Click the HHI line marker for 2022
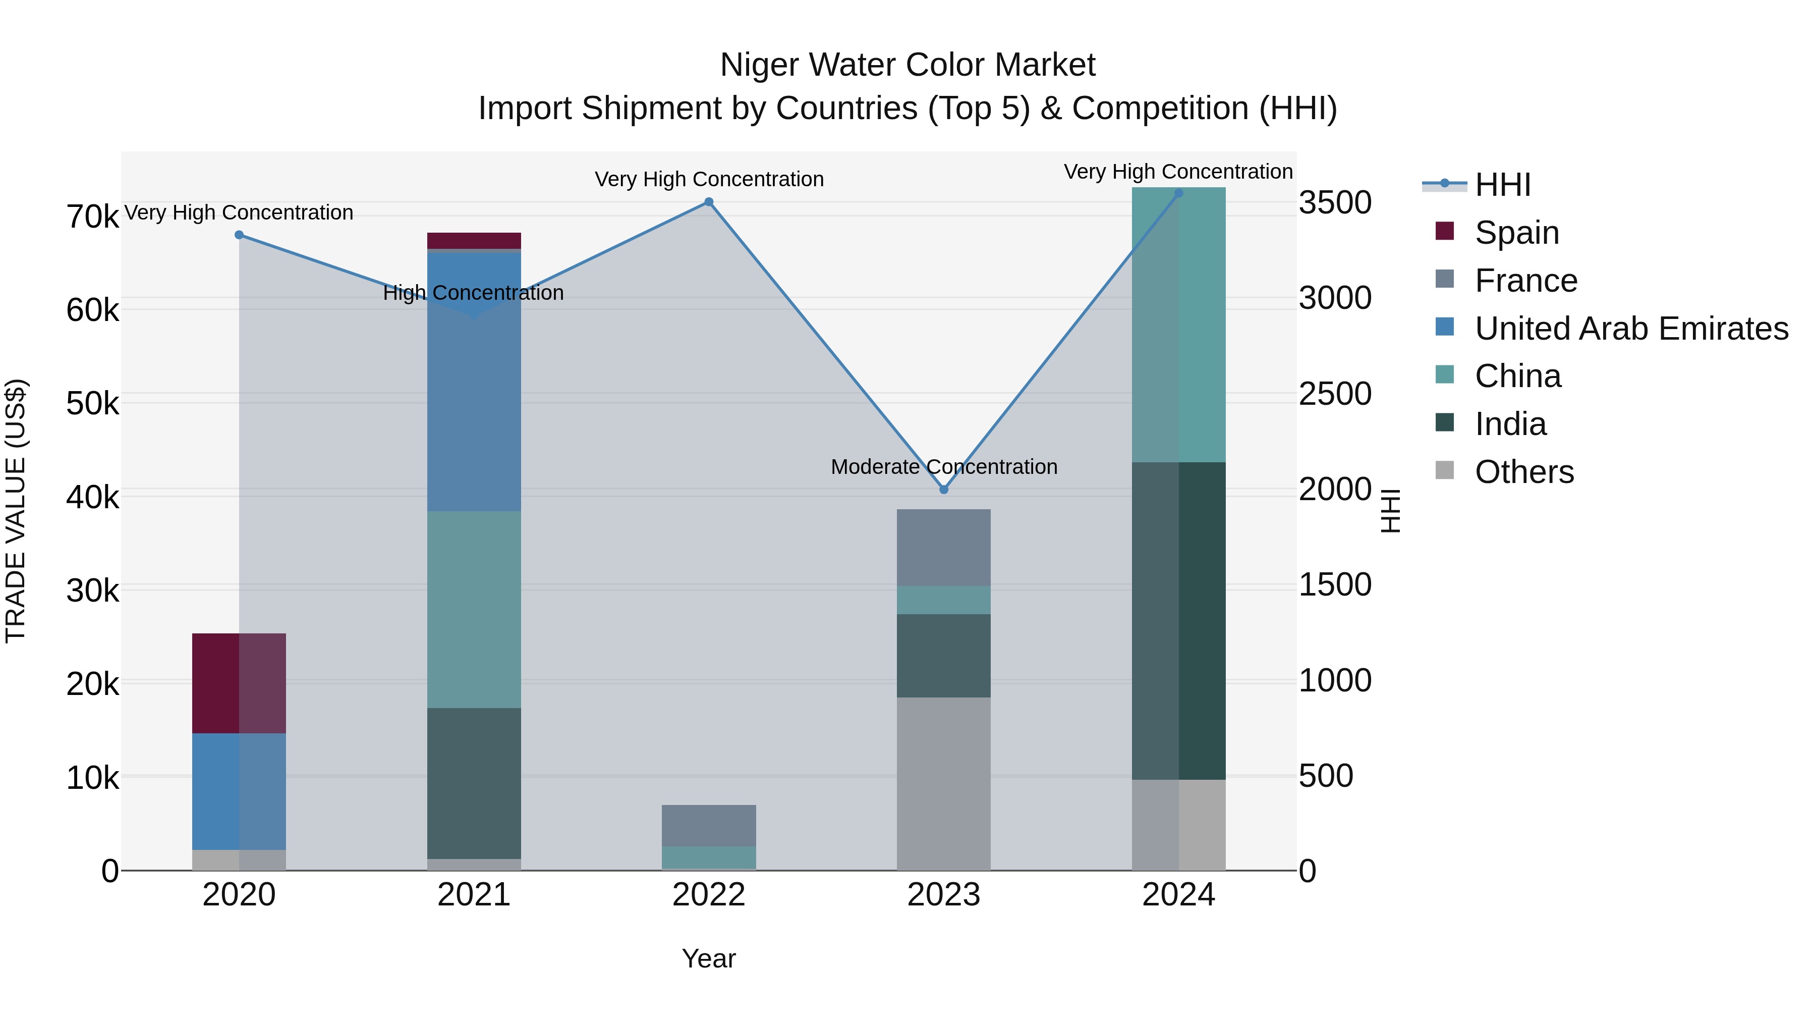click(709, 202)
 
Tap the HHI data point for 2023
click(944, 490)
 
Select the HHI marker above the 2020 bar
click(239, 235)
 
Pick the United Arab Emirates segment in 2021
click(474, 381)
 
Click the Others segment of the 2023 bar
click(943, 783)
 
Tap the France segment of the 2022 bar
click(709, 825)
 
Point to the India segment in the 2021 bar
click(474, 783)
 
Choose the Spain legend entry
click(1516, 233)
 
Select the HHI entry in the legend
click(1502, 185)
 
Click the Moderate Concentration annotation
click(944, 467)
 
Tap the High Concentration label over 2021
click(473, 293)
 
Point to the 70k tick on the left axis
click(92, 217)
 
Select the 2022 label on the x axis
click(709, 895)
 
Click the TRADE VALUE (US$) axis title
click(16, 511)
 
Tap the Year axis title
click(709, 958)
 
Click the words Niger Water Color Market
click(907, 65)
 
